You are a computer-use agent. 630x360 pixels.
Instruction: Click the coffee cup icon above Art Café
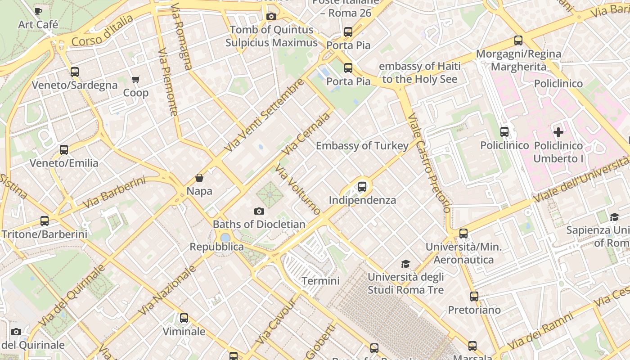[38, 11]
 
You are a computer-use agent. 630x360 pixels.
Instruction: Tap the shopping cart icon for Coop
[135, 80]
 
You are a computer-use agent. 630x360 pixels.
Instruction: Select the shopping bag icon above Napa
[199, 178]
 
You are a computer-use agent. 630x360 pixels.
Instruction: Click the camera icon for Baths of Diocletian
[259, 211]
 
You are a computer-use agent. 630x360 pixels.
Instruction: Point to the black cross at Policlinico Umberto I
[558, 132]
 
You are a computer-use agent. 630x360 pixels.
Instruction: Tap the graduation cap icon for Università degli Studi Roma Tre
[406, 264]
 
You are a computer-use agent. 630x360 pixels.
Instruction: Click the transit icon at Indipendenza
[362, 186]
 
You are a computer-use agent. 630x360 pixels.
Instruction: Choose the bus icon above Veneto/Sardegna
[75, 72]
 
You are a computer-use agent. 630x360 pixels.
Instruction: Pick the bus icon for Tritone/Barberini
[44, 221]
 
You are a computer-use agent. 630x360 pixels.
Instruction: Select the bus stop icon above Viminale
[184, 318]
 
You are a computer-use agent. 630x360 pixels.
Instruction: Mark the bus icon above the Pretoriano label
[474, 297]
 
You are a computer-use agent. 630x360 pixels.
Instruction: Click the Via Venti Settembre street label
[264, 116]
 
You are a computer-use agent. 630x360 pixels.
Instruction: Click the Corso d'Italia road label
[103, 30]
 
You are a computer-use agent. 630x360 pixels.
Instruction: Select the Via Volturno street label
[298, 189]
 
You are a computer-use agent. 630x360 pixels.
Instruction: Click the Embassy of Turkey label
[362, 146]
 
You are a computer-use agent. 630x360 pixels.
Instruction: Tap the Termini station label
[320, 281]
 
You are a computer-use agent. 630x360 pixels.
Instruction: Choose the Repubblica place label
[216, 247]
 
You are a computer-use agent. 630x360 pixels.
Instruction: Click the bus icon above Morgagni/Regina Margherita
[518, 40]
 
